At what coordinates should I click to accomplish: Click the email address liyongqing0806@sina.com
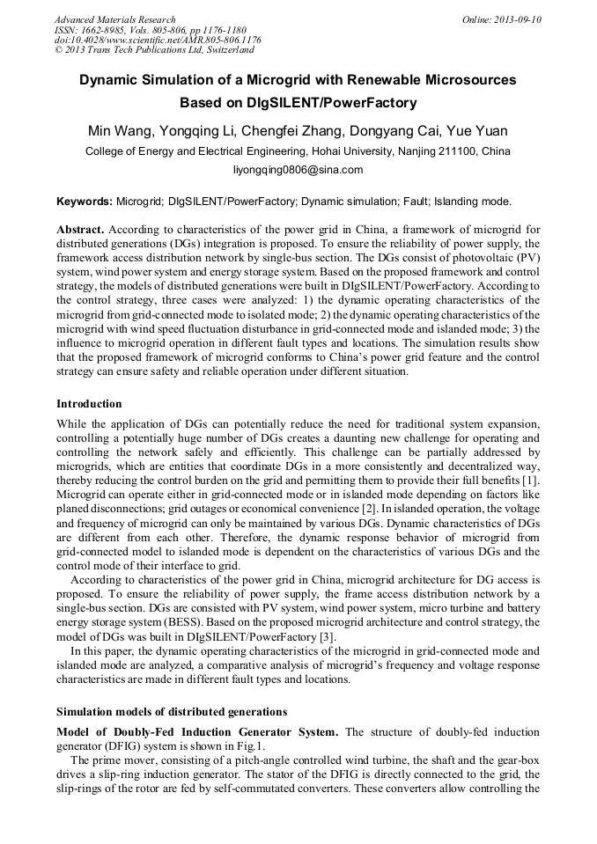(x=298, y=170)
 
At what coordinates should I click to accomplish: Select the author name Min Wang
(x=121, y=131)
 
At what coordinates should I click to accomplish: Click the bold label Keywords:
(x=84, y=201)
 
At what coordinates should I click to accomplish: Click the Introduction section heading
(x=89, y=404)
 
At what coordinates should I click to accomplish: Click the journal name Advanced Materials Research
(x=114, y=19)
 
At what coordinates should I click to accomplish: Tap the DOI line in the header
(x=158, y=40)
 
